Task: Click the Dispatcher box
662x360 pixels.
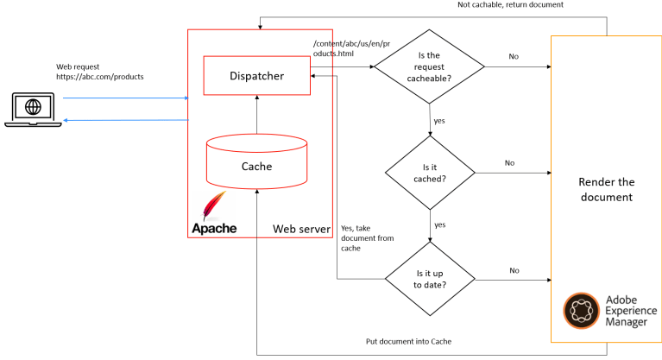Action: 255,76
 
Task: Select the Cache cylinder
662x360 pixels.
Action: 255,165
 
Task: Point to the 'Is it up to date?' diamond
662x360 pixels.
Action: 429,278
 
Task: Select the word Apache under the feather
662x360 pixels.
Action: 213,229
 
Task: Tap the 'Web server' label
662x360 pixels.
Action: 301,229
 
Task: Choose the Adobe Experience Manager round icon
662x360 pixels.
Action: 579,311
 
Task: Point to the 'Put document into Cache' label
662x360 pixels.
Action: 407,341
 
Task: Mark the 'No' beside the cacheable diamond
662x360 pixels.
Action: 514,57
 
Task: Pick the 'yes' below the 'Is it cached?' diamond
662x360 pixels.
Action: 440,224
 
